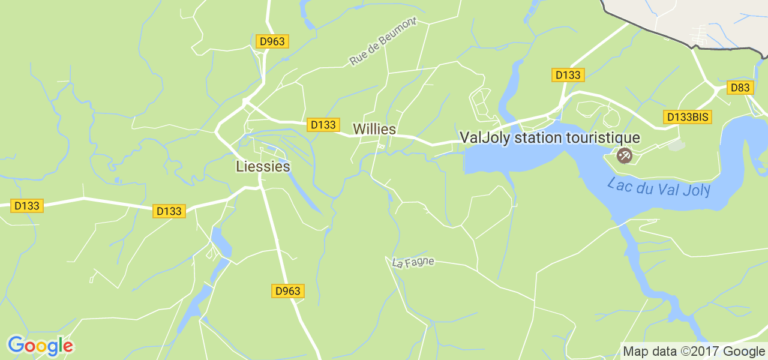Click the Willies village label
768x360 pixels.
pos(374,129)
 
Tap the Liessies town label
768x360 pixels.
pos(263,166)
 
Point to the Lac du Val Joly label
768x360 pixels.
pos(659,187)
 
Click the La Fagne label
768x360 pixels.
pos(413,262)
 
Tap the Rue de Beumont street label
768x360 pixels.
pos(383,41)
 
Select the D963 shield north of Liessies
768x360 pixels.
pos(272,41)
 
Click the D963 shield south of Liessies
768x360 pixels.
pos(287,291)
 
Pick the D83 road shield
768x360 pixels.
pos(740,88)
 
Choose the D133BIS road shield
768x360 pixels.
pos(688,117)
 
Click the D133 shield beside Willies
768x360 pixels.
pos(323,124)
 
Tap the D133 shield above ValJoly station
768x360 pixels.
pos(568,75)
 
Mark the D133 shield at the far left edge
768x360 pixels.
pos(27,206)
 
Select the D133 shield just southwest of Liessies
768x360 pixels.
pos(169,211)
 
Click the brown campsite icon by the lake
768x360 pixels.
pos(624,156)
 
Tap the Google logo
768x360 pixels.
pos(40,346)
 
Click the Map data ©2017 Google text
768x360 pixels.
pos(694,351)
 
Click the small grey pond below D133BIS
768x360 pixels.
pos(676,145)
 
